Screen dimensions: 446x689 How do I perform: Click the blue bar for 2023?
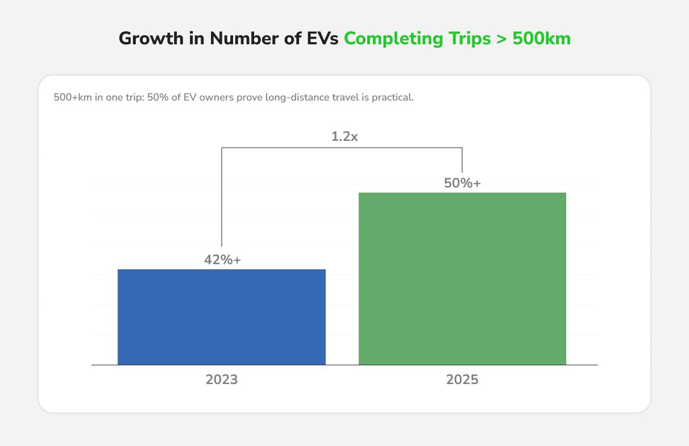click(222, 316)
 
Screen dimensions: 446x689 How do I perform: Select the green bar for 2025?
click(462, 278)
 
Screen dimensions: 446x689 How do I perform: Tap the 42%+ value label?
click(223, 260)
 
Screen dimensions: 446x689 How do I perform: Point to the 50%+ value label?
click(462, 183)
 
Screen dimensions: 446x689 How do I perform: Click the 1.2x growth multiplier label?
click(344, 136)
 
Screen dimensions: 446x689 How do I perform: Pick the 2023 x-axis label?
click(222, 380)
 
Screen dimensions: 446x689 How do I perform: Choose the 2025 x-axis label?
click(462, 380)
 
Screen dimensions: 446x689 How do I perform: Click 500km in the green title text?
click(541, 39)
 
